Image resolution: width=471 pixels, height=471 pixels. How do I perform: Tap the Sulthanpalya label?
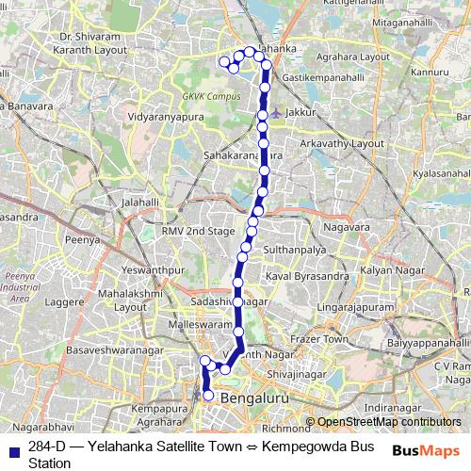point(295,252)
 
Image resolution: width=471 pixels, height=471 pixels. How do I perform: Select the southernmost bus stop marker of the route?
point(208,397)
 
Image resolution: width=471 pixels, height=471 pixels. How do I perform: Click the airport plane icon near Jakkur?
point(273,113)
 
